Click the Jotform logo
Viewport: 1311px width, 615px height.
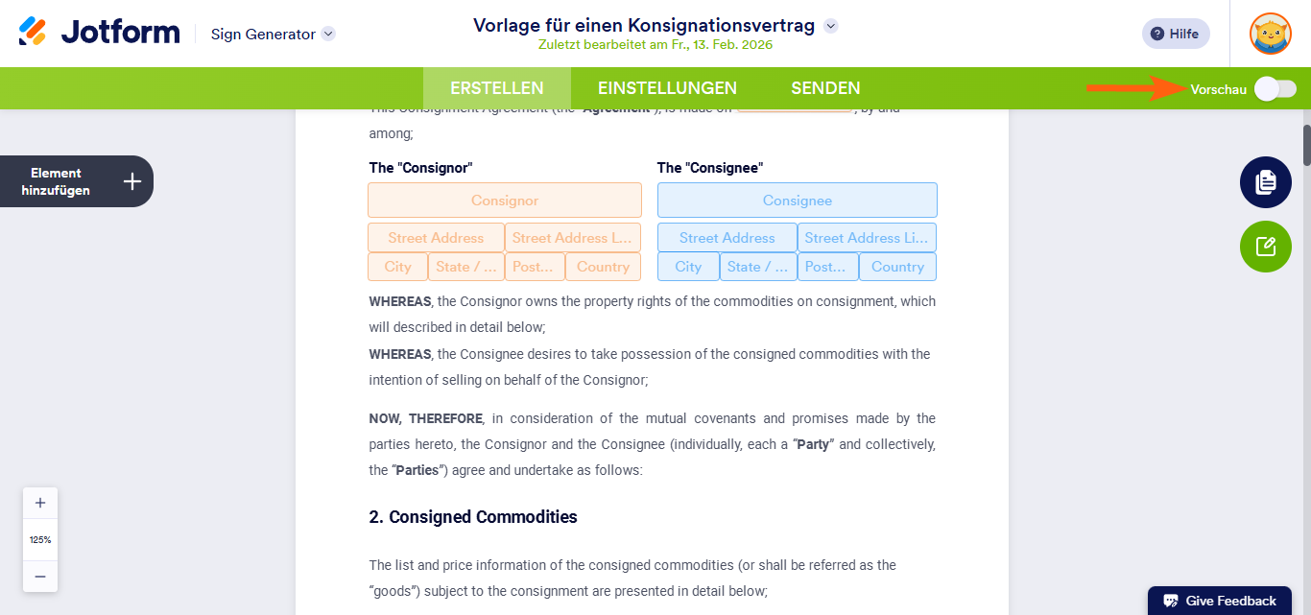point(99,33)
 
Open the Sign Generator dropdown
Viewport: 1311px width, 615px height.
point(328,34)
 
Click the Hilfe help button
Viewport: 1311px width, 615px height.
point(1176,34)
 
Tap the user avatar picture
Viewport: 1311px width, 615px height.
point(1270,34)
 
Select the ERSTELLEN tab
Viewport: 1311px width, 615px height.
point(497,88)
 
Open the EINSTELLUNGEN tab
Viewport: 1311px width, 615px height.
point(667,88)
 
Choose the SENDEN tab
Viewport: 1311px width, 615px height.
point(825,88)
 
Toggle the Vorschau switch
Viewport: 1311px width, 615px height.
point(1275,89)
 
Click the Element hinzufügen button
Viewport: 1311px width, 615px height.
point(77,181)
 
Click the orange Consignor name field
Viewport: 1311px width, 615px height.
point(505,201)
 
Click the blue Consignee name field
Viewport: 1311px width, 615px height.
point(797,201)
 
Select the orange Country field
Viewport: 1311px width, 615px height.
point(604,267)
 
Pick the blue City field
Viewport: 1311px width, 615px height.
point(688,267)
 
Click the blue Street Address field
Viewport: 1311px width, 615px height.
point(727,238)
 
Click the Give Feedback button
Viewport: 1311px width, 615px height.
point(1220,601)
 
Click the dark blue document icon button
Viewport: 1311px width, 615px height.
point(1265,182)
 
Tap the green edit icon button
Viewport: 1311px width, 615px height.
point(1265,247)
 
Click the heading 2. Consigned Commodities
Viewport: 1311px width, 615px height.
point(473,517)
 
